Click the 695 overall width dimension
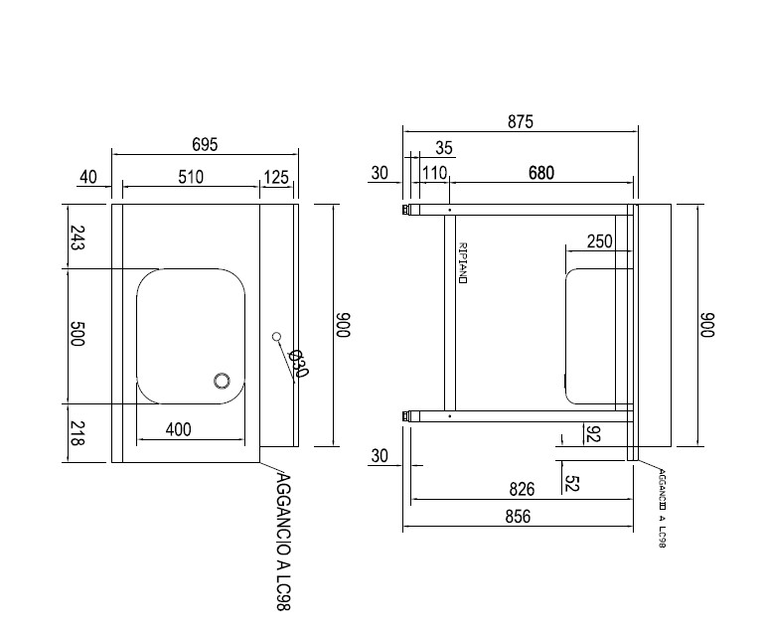coord(205,144)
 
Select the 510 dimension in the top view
coord(190,177)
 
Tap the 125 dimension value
coord(276,177)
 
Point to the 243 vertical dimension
coord(78,237)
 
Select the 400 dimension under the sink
coord(179,429)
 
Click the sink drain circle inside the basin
coord(223,381)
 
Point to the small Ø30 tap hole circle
coord(276,338)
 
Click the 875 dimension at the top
coord(520,122)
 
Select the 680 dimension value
coord(540,173)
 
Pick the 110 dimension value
coord(434,173)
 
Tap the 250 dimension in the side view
coord(599,240)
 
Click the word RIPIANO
coord(463,262)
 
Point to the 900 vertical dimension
coord(709,326)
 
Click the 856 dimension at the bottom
coord(518,516)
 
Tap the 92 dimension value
coord(592,434)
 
